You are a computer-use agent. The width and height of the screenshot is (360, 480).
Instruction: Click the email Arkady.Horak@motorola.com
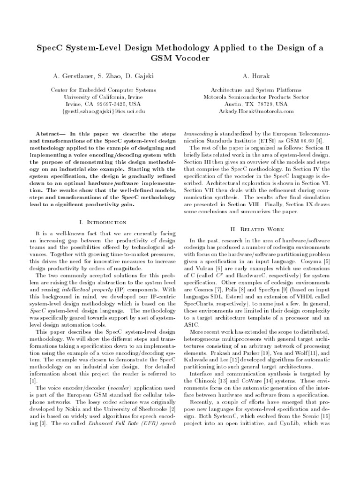[255, 111]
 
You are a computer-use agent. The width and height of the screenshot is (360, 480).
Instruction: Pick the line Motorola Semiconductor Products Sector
[255, 97]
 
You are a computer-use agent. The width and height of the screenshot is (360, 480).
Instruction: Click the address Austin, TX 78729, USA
[255, 104]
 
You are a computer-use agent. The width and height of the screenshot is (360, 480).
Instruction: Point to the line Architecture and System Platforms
[255, 90]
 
